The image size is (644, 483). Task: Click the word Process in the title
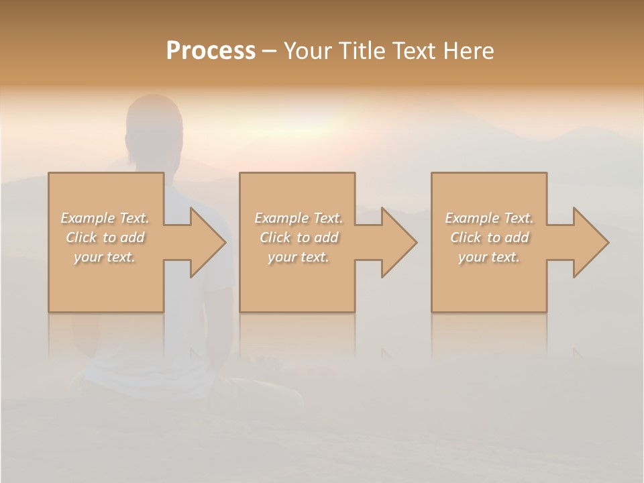tap(211, 51)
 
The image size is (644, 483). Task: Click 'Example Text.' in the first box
tap(105, 218)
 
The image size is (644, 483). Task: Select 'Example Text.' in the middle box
tap(299, 218)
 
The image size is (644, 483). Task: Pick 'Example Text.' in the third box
tap(489, 218)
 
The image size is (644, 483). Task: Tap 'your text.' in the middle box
tap(299, 257)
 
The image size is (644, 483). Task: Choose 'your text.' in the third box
tap(489, 257)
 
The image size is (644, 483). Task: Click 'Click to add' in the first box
tap(105, 237)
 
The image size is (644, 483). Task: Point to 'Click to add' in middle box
tap(299, 237)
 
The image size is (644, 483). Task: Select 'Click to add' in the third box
tap(489, 237)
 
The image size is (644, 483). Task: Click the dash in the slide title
tap(269, 52)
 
